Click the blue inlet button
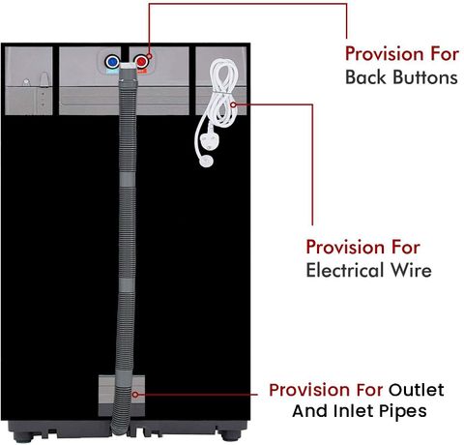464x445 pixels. click(112, 61)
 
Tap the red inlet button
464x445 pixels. click(141, 61)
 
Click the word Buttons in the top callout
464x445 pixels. click(425, 77)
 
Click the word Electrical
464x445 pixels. click(346, 270)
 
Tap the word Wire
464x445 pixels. click(411, 270)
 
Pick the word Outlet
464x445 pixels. click(417, 390)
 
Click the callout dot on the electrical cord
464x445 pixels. click(233, 104)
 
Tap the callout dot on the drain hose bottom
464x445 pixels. click(135, 394)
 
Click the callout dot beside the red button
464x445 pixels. click(149, 56)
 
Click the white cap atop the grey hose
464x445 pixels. click(128, 65)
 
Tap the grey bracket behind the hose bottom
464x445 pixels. click(122, 396)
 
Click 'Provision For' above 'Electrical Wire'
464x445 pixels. click(362, 248)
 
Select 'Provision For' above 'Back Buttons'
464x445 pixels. click(402, 53)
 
